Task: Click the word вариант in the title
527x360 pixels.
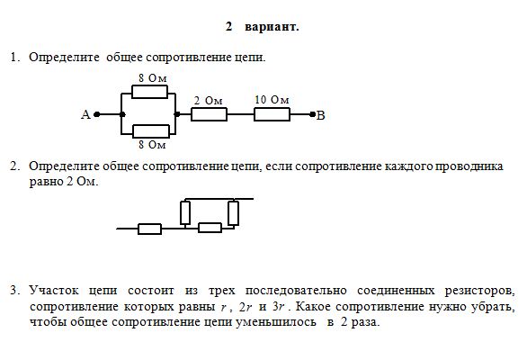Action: [x=272, y=27]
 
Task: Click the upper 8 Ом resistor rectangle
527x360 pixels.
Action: [x=149, y=92]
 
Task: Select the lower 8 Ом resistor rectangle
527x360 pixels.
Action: [x=151, y=131]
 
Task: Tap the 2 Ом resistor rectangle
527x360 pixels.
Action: [x=209, y=114]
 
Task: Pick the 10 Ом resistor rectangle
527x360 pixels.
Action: [x=272, y=114]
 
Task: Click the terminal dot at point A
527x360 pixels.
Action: [x=97, y=114]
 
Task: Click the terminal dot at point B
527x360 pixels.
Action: [x=312, y=114]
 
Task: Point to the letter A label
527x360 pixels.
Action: [x=85, y=114]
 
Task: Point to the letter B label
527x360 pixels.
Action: [x=321, y=116]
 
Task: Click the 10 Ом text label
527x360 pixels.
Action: [x=272, y=100]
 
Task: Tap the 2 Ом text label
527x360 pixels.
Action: [x=209, y=101]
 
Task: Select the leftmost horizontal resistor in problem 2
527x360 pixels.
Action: [x=149, y=229]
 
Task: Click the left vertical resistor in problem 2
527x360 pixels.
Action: [x=185, y=212]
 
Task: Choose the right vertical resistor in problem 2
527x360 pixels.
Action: [x=233, y=213]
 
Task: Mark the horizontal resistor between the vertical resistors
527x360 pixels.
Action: [x=210, y=228]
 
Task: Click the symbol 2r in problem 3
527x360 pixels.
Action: [x=245, y=307]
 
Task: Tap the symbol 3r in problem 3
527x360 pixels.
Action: [x=279, y=307]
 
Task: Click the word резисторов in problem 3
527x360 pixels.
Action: [x=479, y=291]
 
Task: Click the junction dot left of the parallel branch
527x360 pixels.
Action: [x=122, y=114]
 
